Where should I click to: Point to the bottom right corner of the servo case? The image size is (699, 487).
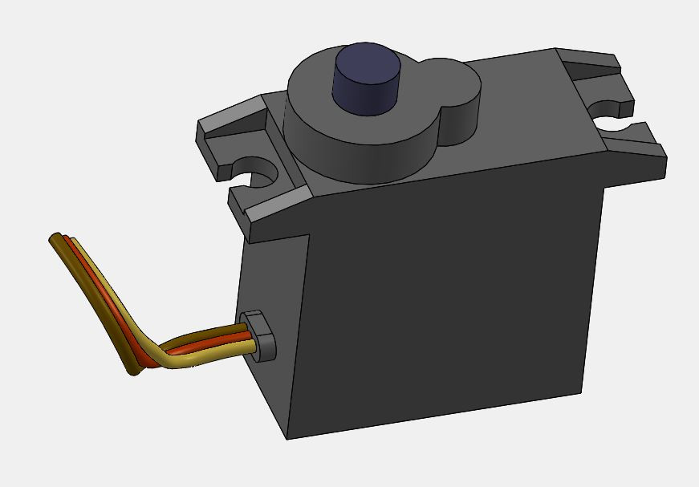(x=581, y=392)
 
